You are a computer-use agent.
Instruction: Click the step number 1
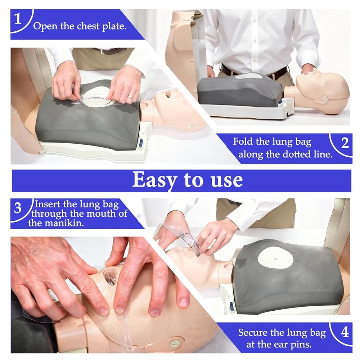pos(18,19)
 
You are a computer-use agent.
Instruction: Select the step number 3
pos(18,208)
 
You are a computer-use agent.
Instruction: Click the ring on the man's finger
pos(130,97)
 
